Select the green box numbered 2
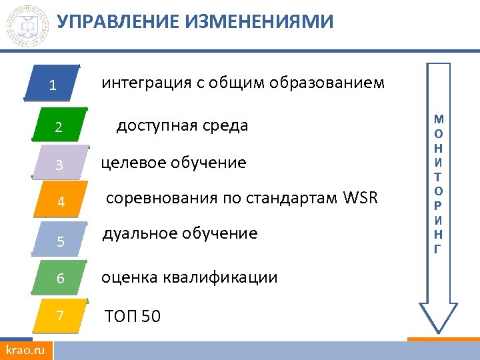tap(59, 125)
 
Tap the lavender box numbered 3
tap(60, 163)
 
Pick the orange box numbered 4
tap(61, 201)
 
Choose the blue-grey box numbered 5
tap(61, 240)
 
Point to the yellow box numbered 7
tap(61, 315)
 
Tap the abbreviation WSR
tap(361, 199)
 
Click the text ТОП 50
tap(133, 316)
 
